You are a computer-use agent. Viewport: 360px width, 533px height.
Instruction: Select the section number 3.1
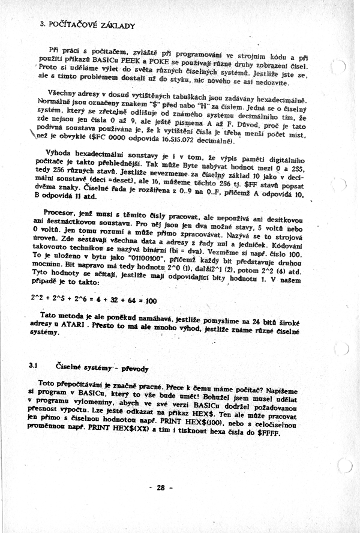[34, 365]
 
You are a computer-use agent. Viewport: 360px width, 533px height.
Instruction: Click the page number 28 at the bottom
[160, 487]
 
